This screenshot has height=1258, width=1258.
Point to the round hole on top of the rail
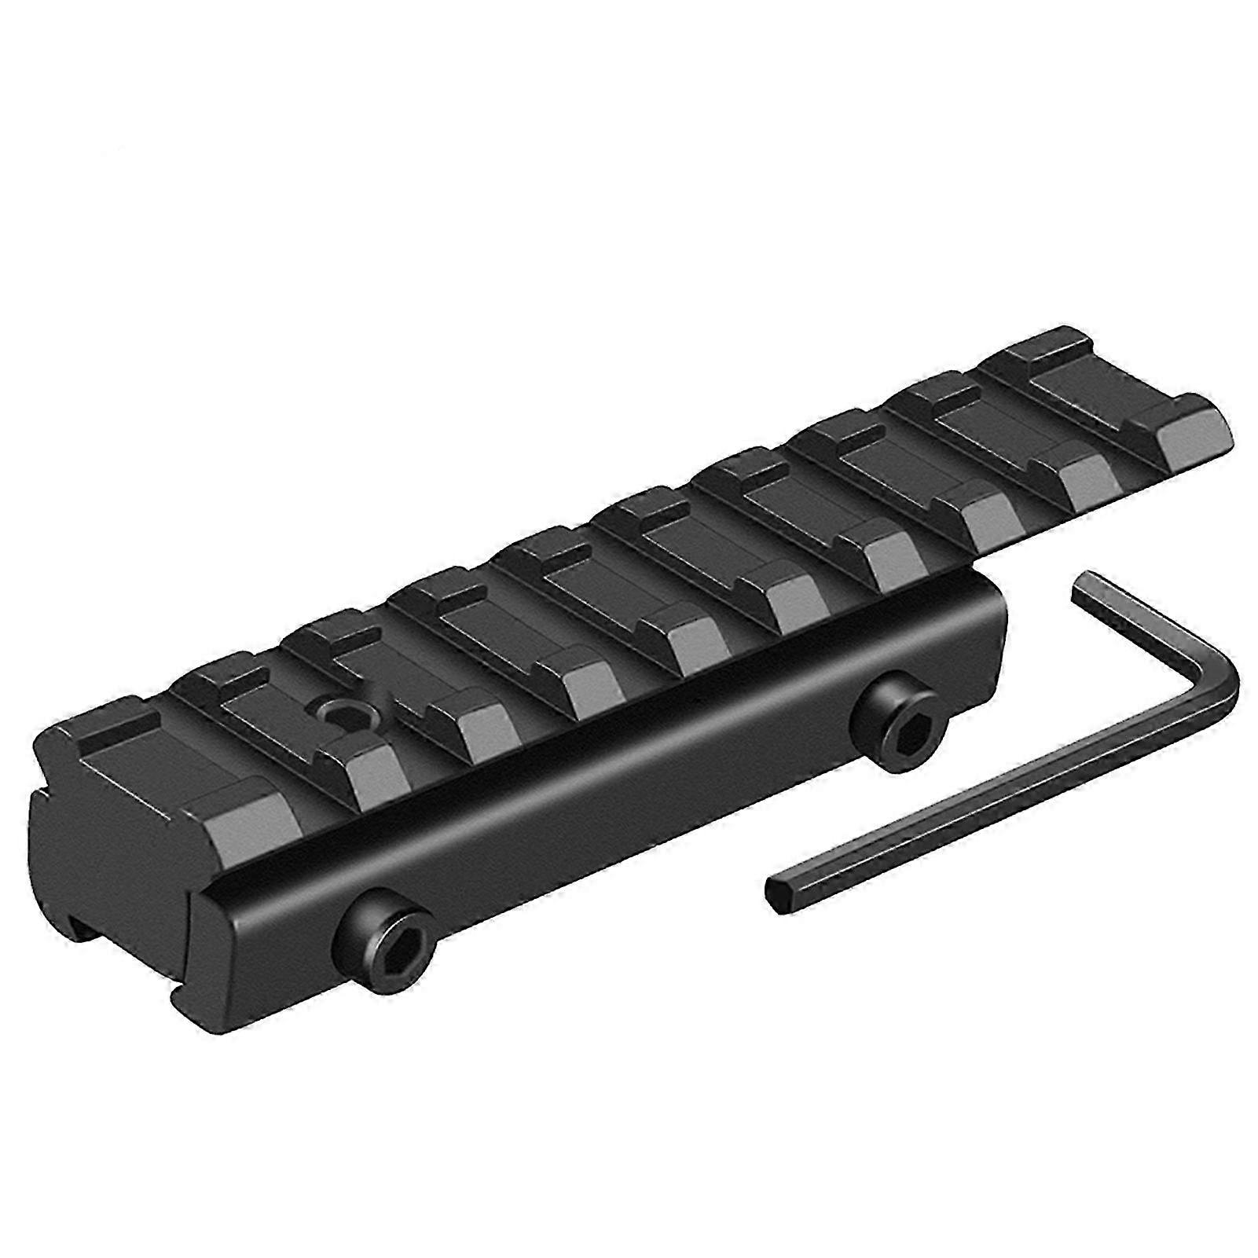pos(343,713)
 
